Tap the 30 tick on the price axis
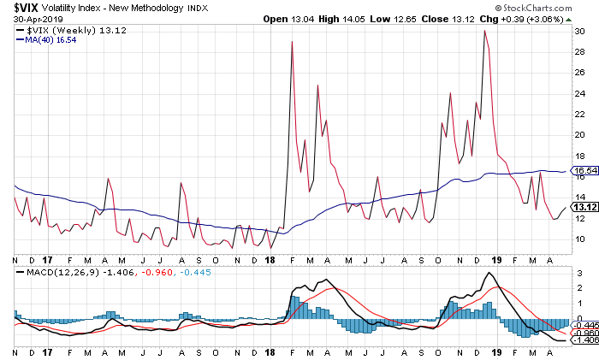click(x=578, y=31)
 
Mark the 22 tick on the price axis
click(x=578, y=114)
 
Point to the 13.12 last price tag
click(x=584, y=206)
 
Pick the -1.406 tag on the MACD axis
click(x=584, y=340)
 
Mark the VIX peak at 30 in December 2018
click(x=485, y=31)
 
